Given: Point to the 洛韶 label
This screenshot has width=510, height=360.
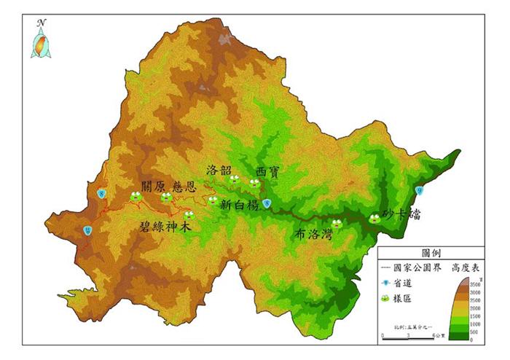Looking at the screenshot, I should pyautogui.click(x=219, y=171).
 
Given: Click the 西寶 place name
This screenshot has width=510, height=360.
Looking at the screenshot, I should pyautogui.click(x=267, y=171).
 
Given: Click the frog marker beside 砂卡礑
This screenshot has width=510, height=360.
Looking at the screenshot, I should pyautogui.click(x=374, y=218).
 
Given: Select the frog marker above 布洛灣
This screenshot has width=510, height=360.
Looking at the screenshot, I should pyautogui.click(x=337, y=224).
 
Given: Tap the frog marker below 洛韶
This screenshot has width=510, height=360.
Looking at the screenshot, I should pyautogui.click(x=235, y=179).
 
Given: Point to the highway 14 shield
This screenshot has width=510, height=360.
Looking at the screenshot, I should pyautogui.click(x=87, y=231).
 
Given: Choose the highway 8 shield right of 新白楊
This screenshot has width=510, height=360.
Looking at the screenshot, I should pyautogui.click(x=267, y=203).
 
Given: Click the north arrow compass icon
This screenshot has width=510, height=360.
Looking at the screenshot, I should pyautogui.click(x=42, y=40).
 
